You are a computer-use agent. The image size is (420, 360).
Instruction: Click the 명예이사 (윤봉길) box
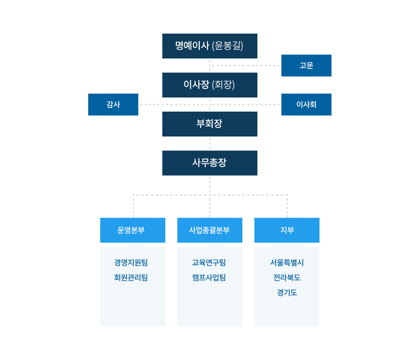(x=210, y=46)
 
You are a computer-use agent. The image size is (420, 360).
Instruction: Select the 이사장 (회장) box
(x=210, y=85)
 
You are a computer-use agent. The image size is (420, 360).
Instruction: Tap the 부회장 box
(x=210, y=124)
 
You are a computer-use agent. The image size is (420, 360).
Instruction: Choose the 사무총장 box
(x=210, y=163)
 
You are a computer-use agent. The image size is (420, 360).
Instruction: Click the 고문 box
(x=306, y=65)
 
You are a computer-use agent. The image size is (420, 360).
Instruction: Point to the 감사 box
(x=113, y=104)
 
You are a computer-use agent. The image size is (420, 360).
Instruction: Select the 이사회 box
(x=306, y=104)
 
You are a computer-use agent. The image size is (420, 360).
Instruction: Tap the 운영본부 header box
(x=133, y=230)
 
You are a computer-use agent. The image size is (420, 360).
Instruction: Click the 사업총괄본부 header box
(x=210, y=230)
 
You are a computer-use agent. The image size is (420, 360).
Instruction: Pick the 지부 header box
(x=287, y=230)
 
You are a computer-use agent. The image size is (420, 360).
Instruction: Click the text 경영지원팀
(x=131, y=262)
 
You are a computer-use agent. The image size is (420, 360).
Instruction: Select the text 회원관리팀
(x=131, y=277)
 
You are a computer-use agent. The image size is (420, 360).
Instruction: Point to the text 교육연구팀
(x=209, y=262)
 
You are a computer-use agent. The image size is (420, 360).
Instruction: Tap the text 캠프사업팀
(x=209, y=277)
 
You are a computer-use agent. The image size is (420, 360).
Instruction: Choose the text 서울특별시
(x=287, y=262)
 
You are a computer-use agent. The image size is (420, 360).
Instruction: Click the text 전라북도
(x=287, y=277)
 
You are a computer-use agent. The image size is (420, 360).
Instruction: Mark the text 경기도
(x=287, y=292)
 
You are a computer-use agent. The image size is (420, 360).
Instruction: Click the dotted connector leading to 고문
(x=244, y=66)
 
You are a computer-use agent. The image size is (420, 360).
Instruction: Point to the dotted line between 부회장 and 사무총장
(x=210, y=143)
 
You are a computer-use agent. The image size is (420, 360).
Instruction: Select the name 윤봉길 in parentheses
(x=227, y=46)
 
